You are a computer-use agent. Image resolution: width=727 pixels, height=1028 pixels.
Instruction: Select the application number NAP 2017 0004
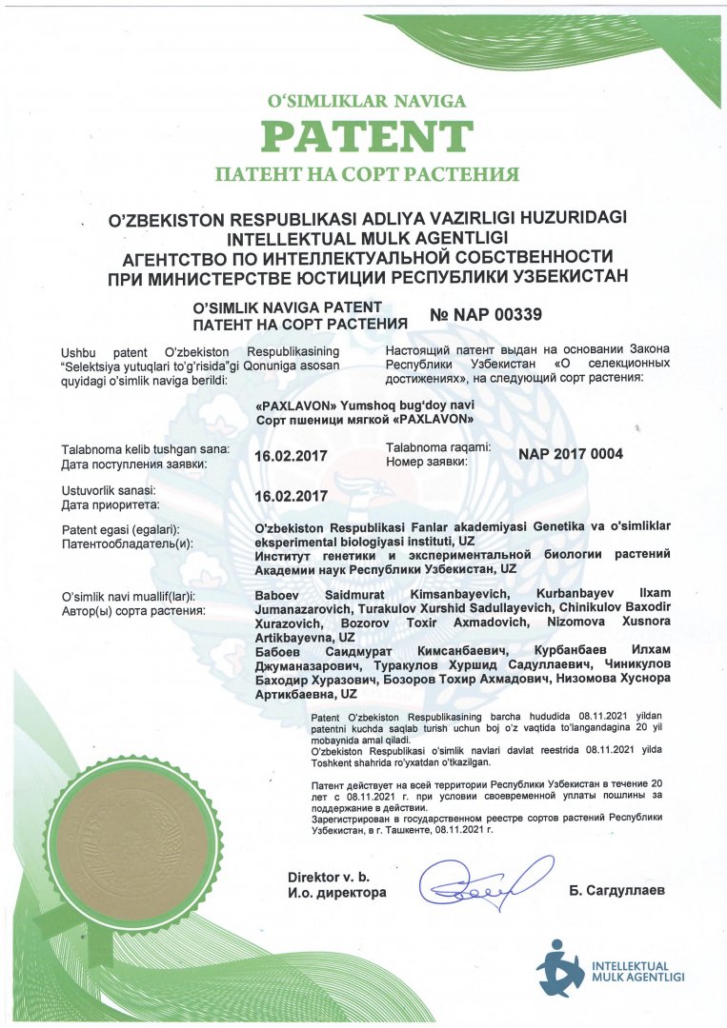[x=571, y=454]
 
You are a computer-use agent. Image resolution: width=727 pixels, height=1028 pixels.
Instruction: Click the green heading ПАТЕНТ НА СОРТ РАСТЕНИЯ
[x=367, y=174]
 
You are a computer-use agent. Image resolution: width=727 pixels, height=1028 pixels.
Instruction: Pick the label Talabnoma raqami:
[x=438, y=446]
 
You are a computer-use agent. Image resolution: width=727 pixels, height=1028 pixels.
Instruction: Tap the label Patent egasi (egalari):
[x=120, y=529]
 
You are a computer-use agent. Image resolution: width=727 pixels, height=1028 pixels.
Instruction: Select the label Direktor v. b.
[x=328, y=876]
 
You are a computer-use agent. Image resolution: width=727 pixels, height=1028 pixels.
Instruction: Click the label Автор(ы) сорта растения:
[x=134, y=609]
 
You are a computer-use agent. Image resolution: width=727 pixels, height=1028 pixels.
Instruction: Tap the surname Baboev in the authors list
[x=279, y=595]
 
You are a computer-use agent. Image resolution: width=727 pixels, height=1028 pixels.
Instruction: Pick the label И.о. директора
[x=337, y=893]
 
